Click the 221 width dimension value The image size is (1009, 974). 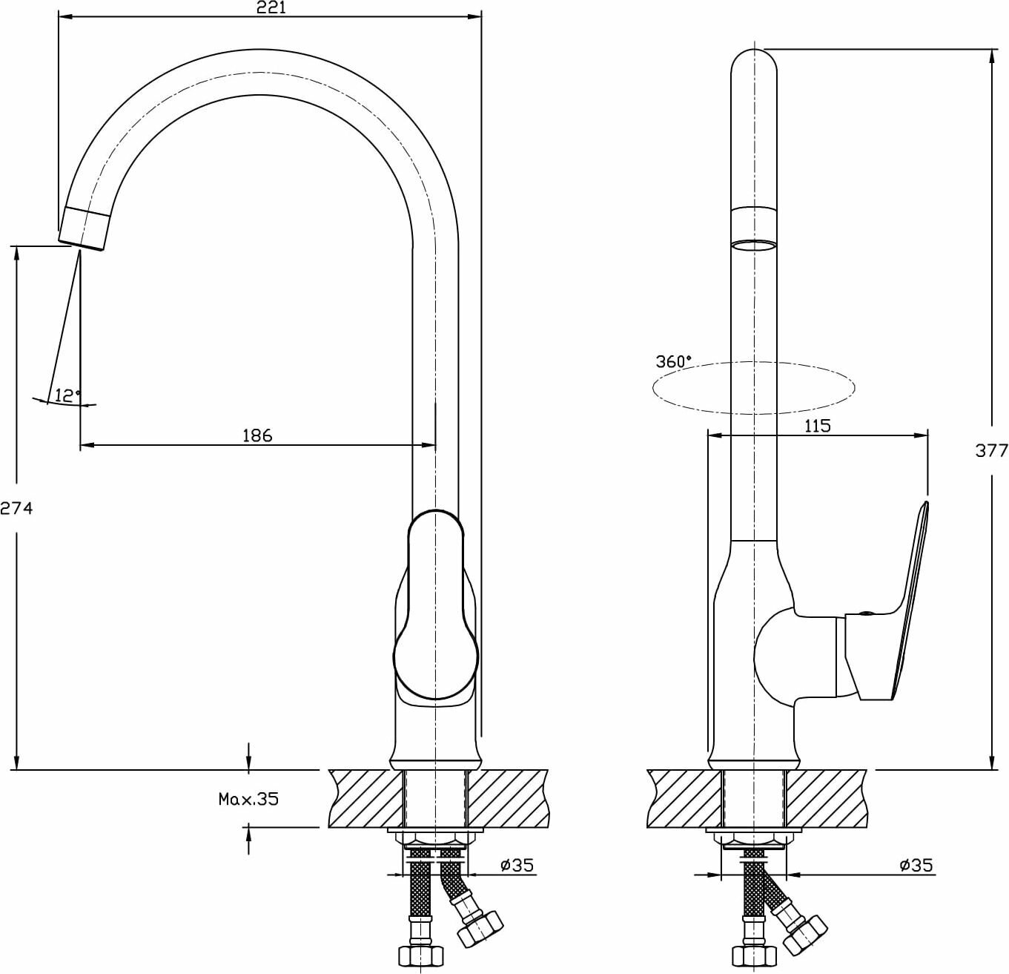click(x=271, y=8)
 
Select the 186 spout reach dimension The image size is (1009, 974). click(x=257, y=435)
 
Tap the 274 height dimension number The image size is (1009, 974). click(x=16, y=509)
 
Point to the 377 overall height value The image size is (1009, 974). click(x=991, y=450)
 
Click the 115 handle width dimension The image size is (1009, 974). click(x=816, y=426)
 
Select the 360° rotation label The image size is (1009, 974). click(x=672, y=362)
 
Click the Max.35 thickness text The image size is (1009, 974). click(x=248, y=799)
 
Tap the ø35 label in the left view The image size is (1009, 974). click(x=517, y=864)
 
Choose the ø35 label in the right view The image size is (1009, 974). click(x=916, y=864)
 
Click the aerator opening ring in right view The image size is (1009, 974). click(x=754, y=246)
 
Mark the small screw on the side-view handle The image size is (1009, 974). click(x=865, y=613)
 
